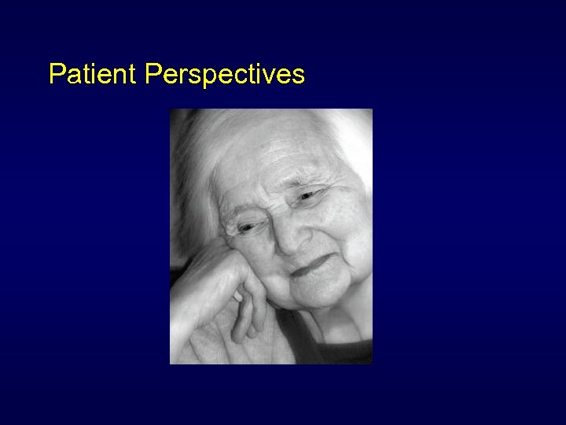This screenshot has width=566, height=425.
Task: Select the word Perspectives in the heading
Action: pyautogui.click(x=225, y=75)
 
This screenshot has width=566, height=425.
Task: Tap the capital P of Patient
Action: pyautogui.click(x=56, y=74)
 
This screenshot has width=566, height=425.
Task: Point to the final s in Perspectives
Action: pyautogui.click(x=299, y=76)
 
